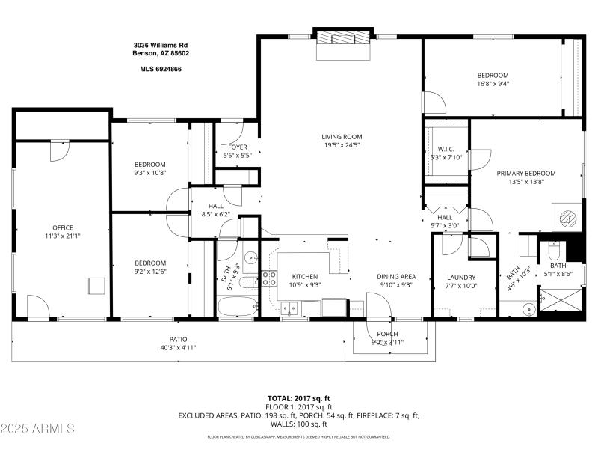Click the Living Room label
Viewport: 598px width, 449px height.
[342, 136]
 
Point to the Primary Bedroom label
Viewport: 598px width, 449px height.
[526, 173]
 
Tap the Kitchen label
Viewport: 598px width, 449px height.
[304, 276]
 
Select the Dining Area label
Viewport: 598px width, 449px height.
[396, 276]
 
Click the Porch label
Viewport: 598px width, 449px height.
[387, 334]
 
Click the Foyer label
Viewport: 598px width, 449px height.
[238, 147]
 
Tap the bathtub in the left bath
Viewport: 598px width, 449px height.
[237, 306]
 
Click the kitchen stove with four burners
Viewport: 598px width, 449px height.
[268, 280]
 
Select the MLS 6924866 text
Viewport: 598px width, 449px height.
[161, 69]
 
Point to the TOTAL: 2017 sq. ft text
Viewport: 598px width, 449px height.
[299, 398]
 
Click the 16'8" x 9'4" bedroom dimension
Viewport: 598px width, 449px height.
[493, 84]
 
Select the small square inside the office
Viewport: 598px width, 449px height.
[95, 286]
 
